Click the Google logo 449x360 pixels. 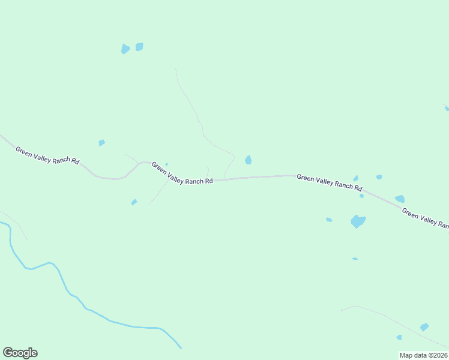coord(20,353)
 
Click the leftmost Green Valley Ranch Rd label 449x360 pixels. coord(47,156)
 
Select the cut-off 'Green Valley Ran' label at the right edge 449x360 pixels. coord(425,218)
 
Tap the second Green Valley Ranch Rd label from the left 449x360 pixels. coord(182,173)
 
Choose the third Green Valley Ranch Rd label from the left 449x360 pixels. coord(330,182)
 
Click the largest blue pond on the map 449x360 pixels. coord(358,221)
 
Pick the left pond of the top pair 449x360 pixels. coord(125,49)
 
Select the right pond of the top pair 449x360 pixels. coord(139,47)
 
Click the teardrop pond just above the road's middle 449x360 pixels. coord(248,160)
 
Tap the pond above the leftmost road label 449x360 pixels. coord(101,143)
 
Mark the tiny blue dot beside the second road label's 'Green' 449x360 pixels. coord(166,164)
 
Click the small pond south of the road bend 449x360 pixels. coord(134,202)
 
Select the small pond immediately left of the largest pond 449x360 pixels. coord(329,220)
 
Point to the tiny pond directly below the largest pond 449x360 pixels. coord(355,259)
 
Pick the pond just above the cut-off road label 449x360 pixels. coord(400,199)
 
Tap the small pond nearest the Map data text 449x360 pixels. coord(399,337)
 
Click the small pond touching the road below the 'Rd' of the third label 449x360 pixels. coord(361,196)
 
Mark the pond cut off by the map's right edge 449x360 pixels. coord(447,108)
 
